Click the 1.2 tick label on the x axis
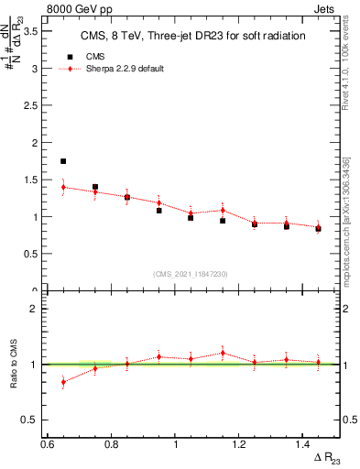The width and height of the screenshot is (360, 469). click(x=239, y=443)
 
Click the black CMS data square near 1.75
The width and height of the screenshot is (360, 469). click(x=63, y=161)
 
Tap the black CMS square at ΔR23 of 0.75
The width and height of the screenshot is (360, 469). click(x=95, y=187)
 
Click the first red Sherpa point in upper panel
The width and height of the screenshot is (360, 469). click(x=63, y=187)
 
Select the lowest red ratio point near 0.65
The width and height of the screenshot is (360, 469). click(x=63, y=382)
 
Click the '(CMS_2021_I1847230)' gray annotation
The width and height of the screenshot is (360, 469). click(x=191, y=273)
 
